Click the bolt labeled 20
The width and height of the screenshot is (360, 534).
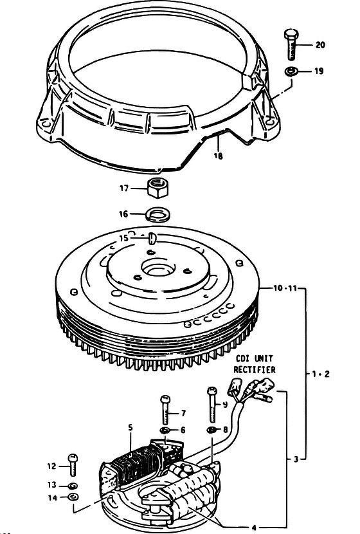click(x=291, y=44)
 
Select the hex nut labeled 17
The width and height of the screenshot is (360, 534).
click(x=157, y=189)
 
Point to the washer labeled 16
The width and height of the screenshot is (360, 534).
click(x=157, y=215)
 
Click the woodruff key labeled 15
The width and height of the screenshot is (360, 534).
click(x=152, y=237)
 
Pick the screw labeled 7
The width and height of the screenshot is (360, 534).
click(x=165, y=410)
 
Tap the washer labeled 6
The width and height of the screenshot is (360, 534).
click(x=165, y=430)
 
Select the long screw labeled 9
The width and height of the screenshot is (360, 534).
click(x=212, y=405)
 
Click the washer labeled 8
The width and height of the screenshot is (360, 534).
click(x=212, y=429)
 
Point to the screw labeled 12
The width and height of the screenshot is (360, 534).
click(x=72, y=465)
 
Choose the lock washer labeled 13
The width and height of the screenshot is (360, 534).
click(x=73, y=486)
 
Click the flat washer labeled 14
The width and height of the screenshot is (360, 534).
click(x=73, y=497)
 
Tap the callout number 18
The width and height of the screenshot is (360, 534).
click(x=218, y=156)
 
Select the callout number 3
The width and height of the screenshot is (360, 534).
click(x=296, y=459)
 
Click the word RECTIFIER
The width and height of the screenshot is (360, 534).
click(x=255, y=370)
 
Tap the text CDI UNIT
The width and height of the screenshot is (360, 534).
click(x=255, y=358)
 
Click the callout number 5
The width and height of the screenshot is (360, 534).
click(x=130, y=428)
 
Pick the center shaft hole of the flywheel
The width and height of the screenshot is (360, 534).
click(x=156, y=270)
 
